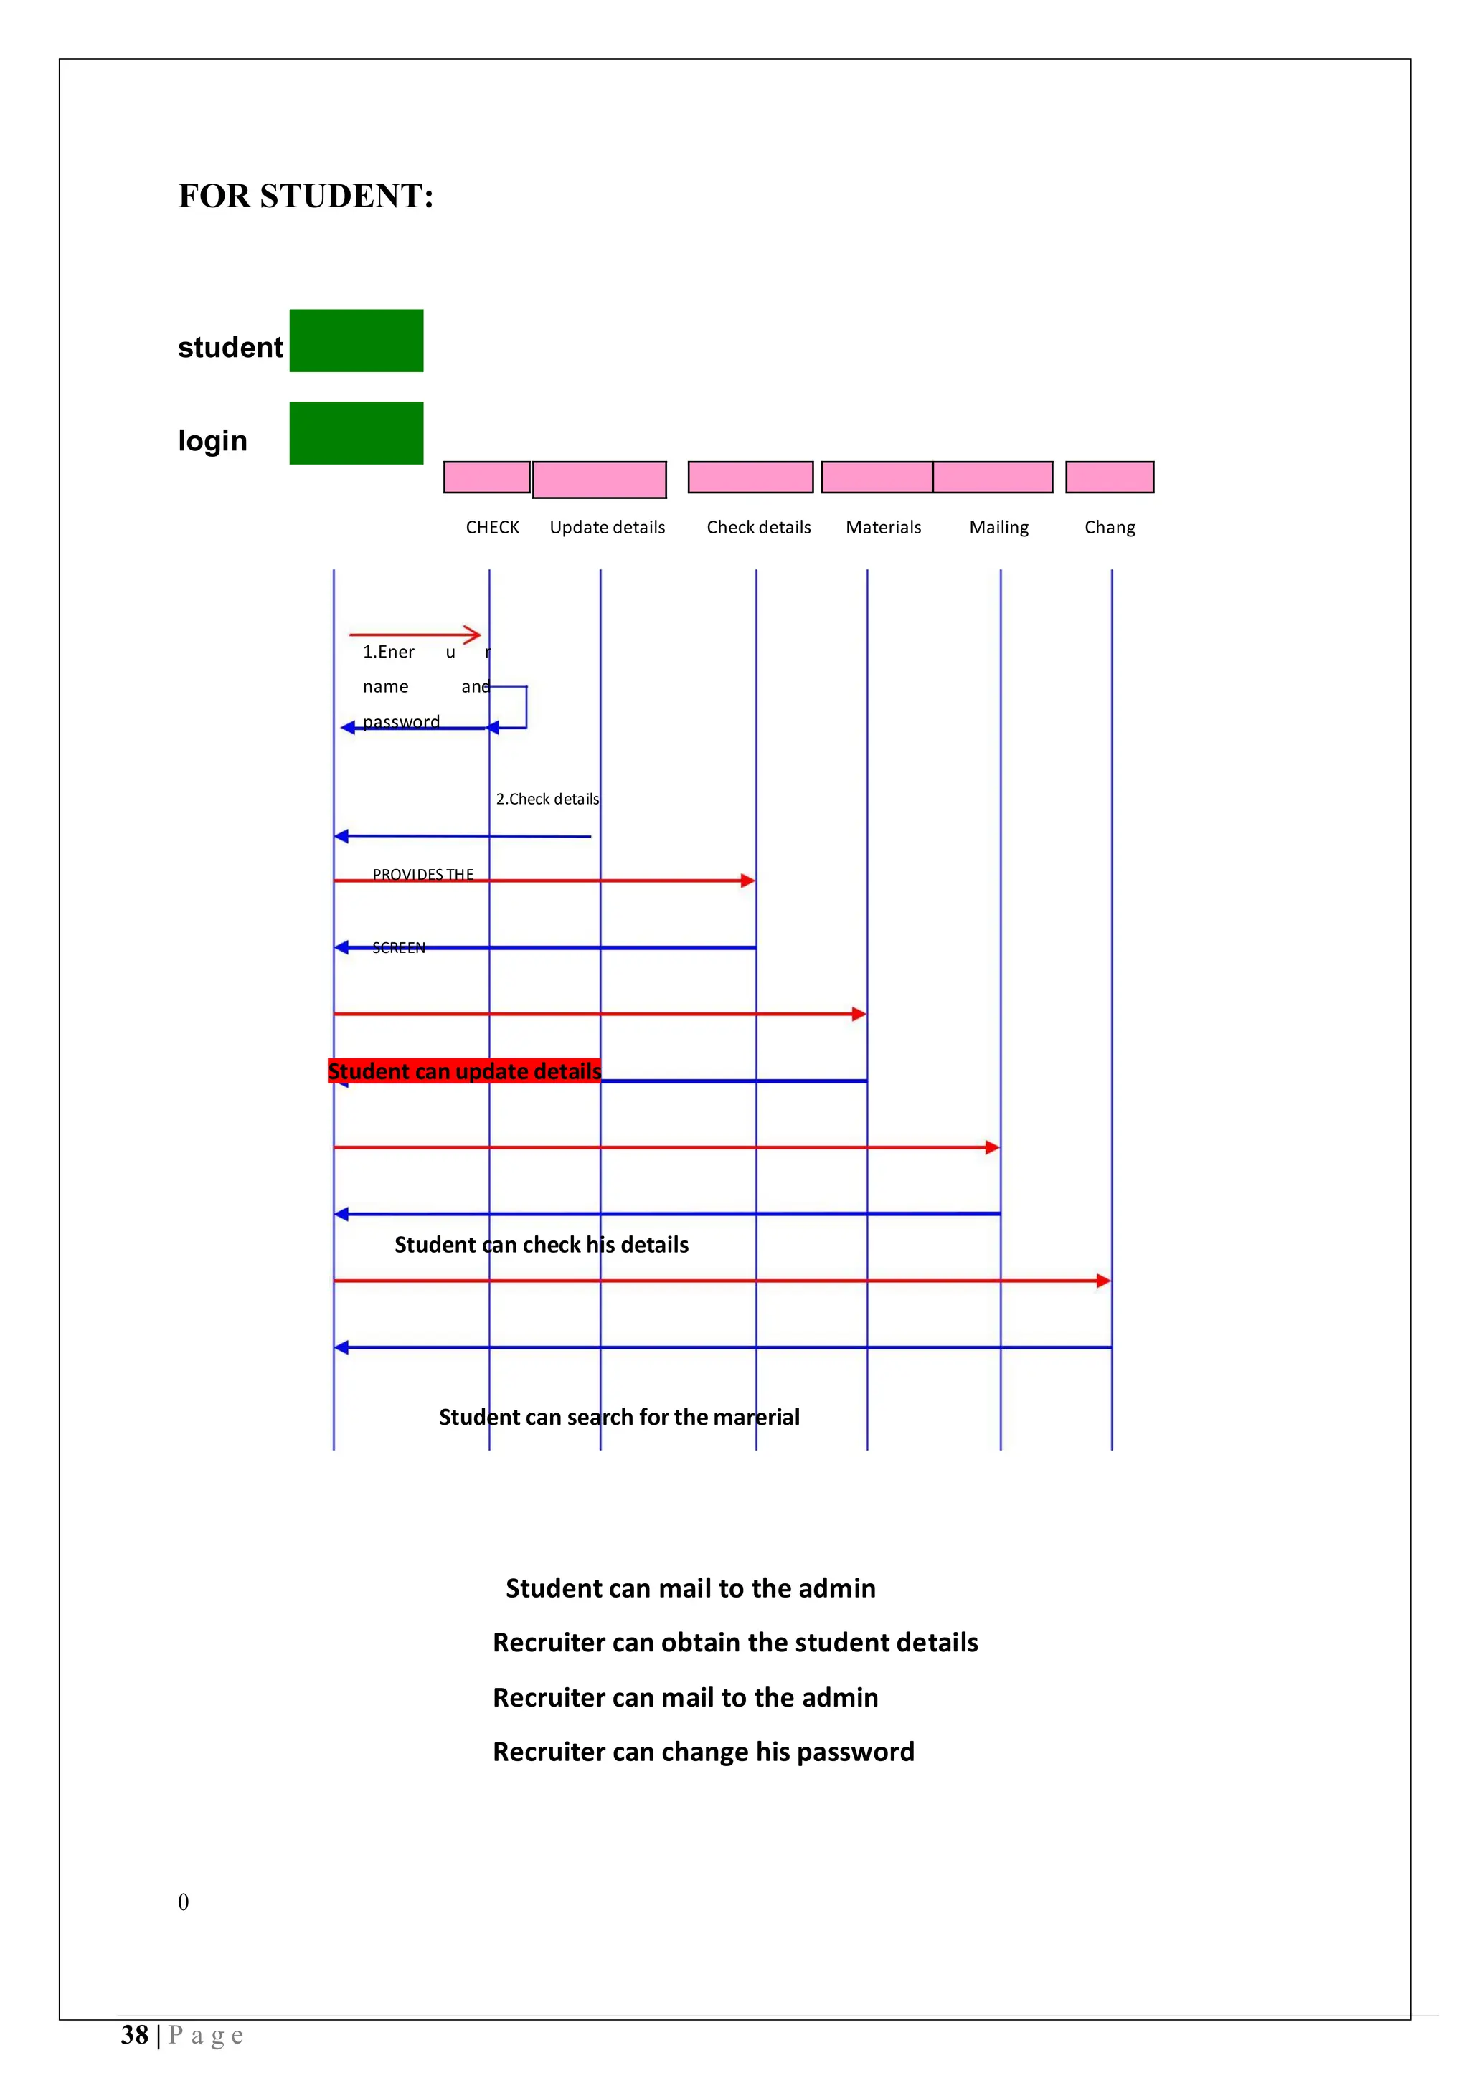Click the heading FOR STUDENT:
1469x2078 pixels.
coord(306,196)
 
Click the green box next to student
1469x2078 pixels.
coord(356,341)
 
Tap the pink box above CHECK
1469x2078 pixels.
coord(486,477)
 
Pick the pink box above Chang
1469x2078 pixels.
coord(1109,477)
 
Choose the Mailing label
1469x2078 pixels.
coord(998,528)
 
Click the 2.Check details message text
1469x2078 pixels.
coord(547,800)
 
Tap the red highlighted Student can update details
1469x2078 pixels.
coord(464,1071)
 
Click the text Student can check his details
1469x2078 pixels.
coord(542,1246)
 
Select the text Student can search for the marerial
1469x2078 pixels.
coord(619,1418)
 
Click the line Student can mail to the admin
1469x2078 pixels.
coord(690,1588)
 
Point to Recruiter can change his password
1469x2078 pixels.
coord(703,1752)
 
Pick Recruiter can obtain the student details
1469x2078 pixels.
coord(735,1643)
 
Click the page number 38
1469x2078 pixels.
coord(134,2036)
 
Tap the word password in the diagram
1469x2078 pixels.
coord(401,721)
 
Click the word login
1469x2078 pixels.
coord(213,441)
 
